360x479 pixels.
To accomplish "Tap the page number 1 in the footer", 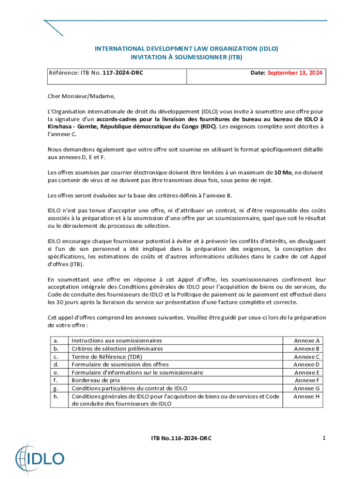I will (x=323, y=438).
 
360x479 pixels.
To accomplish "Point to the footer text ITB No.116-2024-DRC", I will (x=181, y=438).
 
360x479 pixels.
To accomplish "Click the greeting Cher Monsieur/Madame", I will (x=81, y=96).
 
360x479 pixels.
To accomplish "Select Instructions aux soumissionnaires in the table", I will (x=116, y=341).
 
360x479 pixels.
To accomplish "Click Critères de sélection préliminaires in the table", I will (x=117, y=348).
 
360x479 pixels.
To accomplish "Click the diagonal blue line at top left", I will (x=54, y=29).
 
